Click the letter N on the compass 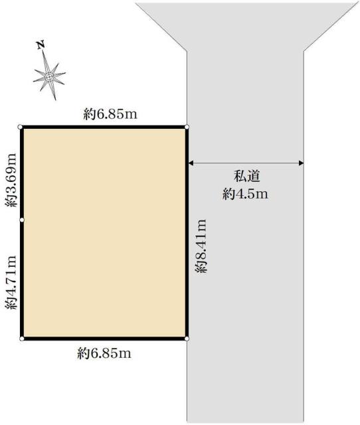click(41, 45)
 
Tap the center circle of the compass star click(48, 77)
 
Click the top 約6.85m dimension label click(110, 114)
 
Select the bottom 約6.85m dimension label click(104, 353)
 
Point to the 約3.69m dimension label click(11, 180)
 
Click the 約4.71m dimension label click(11, 282)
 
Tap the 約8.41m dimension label click(201, 246)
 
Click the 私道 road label click(246, 176)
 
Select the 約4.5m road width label click(245, 194)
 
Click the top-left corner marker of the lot click(20, 127)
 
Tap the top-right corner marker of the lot click(187, 127)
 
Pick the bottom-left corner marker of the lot click(22, 339)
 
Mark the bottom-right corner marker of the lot click(187, 339)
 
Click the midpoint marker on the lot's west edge click(22, 220)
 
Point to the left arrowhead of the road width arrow click(191, 163)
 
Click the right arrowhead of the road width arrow click(301, 163)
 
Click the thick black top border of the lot click(103, 127)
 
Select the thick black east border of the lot click(187, 233)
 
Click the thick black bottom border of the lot click(104, 339)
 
